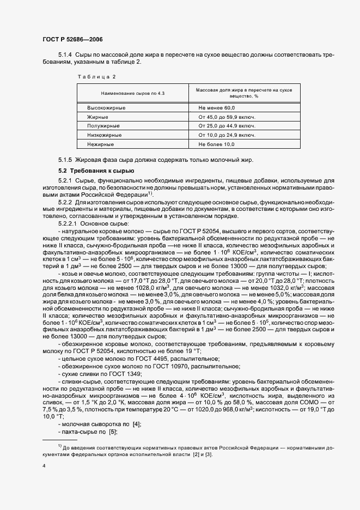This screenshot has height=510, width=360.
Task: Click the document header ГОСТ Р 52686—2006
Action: tap(73, 40)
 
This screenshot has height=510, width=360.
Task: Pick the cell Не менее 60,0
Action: tap(216, 108)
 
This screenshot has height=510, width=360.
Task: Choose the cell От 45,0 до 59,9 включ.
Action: tap(227, 117)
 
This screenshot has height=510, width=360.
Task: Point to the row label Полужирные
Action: tap(102, 125)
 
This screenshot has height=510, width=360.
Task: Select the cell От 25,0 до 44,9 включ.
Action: tap(227, 125)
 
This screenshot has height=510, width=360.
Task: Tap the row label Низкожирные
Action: tap(103, 135)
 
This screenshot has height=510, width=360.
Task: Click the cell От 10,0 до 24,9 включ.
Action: tap(227, 135)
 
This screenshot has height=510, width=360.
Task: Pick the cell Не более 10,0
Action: tap(216, 144)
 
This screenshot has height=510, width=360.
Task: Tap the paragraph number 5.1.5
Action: tap(65, 160)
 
